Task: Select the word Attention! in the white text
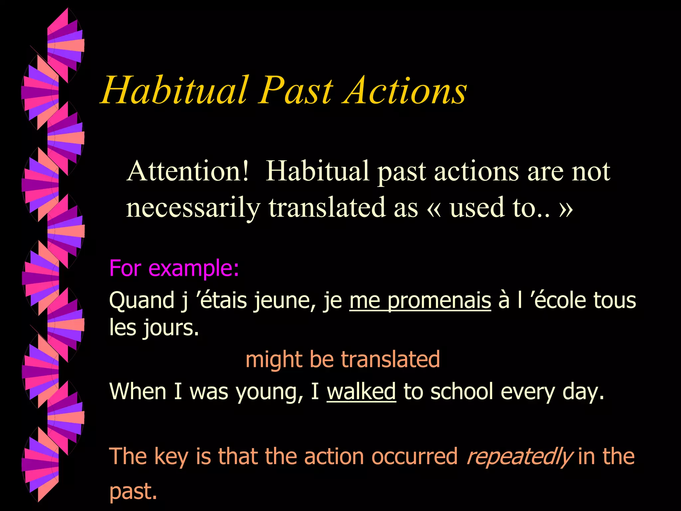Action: [x=188, y=171]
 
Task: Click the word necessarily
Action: [x=193, y=208]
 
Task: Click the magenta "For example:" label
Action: [x=174, y=268]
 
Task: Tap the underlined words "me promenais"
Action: [x=420, y=300]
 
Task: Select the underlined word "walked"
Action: [x=361, y=391]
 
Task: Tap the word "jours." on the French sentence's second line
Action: [x=171, y=328]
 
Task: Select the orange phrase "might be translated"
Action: [x=342, y=359]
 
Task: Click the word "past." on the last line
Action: [x=133, y=492]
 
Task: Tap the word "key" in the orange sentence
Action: [x=172, y=456]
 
